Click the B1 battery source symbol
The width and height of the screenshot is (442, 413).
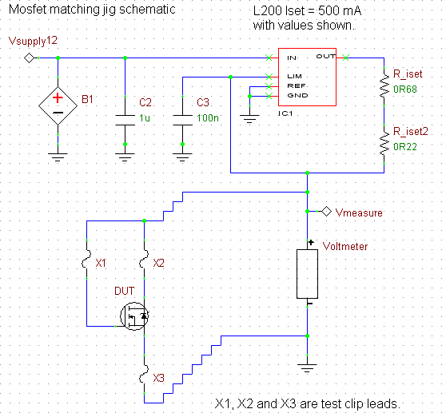point(58,105)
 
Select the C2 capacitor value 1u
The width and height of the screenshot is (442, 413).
point(145,117)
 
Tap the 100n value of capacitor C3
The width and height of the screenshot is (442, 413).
point(208,117)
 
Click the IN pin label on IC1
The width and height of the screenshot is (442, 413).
point(292,58)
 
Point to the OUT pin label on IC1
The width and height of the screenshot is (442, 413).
point(325,57)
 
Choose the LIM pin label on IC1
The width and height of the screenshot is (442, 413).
point(295,77)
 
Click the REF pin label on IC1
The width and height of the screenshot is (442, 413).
point(297,86)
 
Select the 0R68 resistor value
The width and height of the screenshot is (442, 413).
point(405,89)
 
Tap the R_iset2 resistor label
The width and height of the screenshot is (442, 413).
point(411,131)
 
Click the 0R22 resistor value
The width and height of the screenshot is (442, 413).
point(405,147)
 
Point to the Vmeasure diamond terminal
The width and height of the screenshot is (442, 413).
point(326,211)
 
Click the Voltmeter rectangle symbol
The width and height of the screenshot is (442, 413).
point(307,274)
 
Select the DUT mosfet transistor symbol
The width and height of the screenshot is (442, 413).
point(134,316)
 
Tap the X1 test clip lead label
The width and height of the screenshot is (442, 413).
point(101,263)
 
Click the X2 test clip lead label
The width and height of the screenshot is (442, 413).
point(158,263)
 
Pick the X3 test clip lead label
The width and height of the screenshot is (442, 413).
point(158,378)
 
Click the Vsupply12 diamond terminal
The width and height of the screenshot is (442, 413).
point(29,58)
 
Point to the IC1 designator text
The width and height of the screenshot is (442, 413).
point(285,113)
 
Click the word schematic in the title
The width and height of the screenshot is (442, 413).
point(147,10)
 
